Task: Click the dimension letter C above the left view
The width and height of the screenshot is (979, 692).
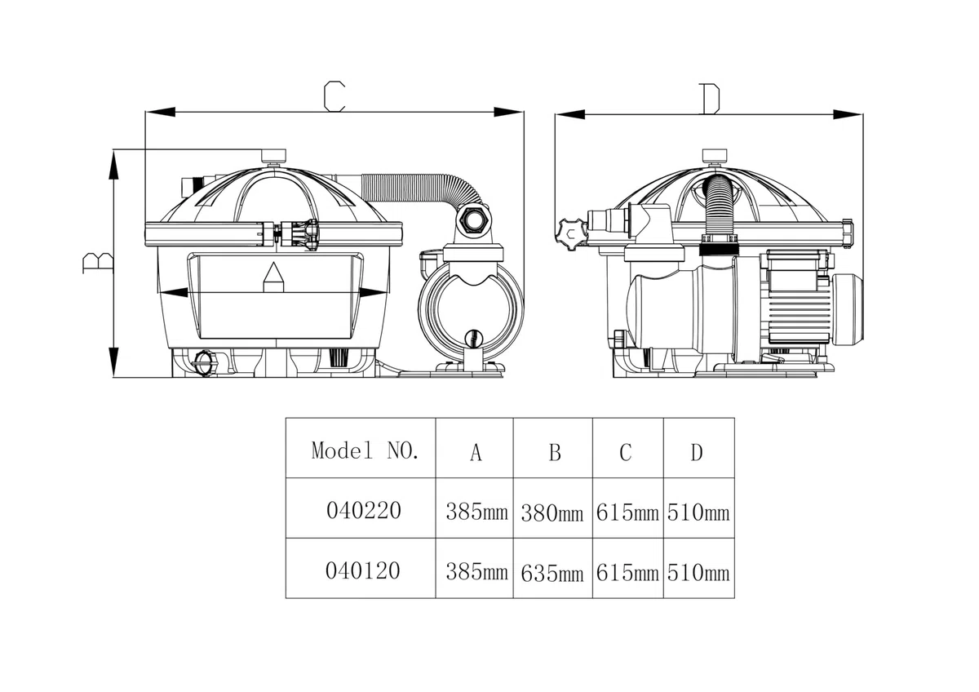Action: (334, 95)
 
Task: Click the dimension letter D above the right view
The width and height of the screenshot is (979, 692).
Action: (709, 99)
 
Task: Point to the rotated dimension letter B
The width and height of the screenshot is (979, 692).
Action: (98, 263)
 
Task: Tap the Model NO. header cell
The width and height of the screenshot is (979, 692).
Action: (365, 450)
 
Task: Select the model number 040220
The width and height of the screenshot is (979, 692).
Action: (364, 510)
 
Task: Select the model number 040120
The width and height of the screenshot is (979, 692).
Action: (363, 570)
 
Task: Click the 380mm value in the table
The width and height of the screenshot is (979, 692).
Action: (552, 513)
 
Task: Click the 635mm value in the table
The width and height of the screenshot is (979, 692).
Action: (552, 574)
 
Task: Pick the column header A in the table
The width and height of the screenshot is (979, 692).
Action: (476, 452)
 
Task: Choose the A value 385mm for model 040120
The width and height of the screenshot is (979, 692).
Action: (476, 572)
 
